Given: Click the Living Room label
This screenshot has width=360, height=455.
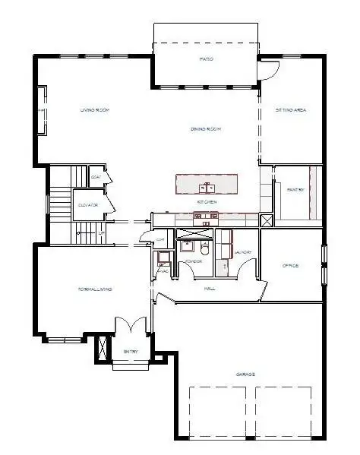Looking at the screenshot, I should click(95, 110).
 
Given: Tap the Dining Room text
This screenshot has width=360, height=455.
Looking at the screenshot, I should click(206, 129).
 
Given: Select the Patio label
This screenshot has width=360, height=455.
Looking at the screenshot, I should click(206, 58).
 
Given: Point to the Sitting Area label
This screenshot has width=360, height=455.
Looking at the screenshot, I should click(290, 110).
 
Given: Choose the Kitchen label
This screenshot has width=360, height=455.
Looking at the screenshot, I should click(207, 202).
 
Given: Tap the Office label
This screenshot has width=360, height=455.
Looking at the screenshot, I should click(290, 266).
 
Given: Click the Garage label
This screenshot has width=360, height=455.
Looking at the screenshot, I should click(245, 375).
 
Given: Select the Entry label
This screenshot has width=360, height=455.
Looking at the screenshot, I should click(131, 352).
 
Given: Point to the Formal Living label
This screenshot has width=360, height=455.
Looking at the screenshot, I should click(96, 289).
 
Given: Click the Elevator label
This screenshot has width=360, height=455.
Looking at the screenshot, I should click(86, 205).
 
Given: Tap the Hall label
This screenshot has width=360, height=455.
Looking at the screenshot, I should click(210, 289).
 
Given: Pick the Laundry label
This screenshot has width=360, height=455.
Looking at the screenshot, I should click(243, 252).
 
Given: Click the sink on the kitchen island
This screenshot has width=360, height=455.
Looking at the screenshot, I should click(207, 187).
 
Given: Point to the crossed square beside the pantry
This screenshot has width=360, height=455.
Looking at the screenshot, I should click(267, 220).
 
